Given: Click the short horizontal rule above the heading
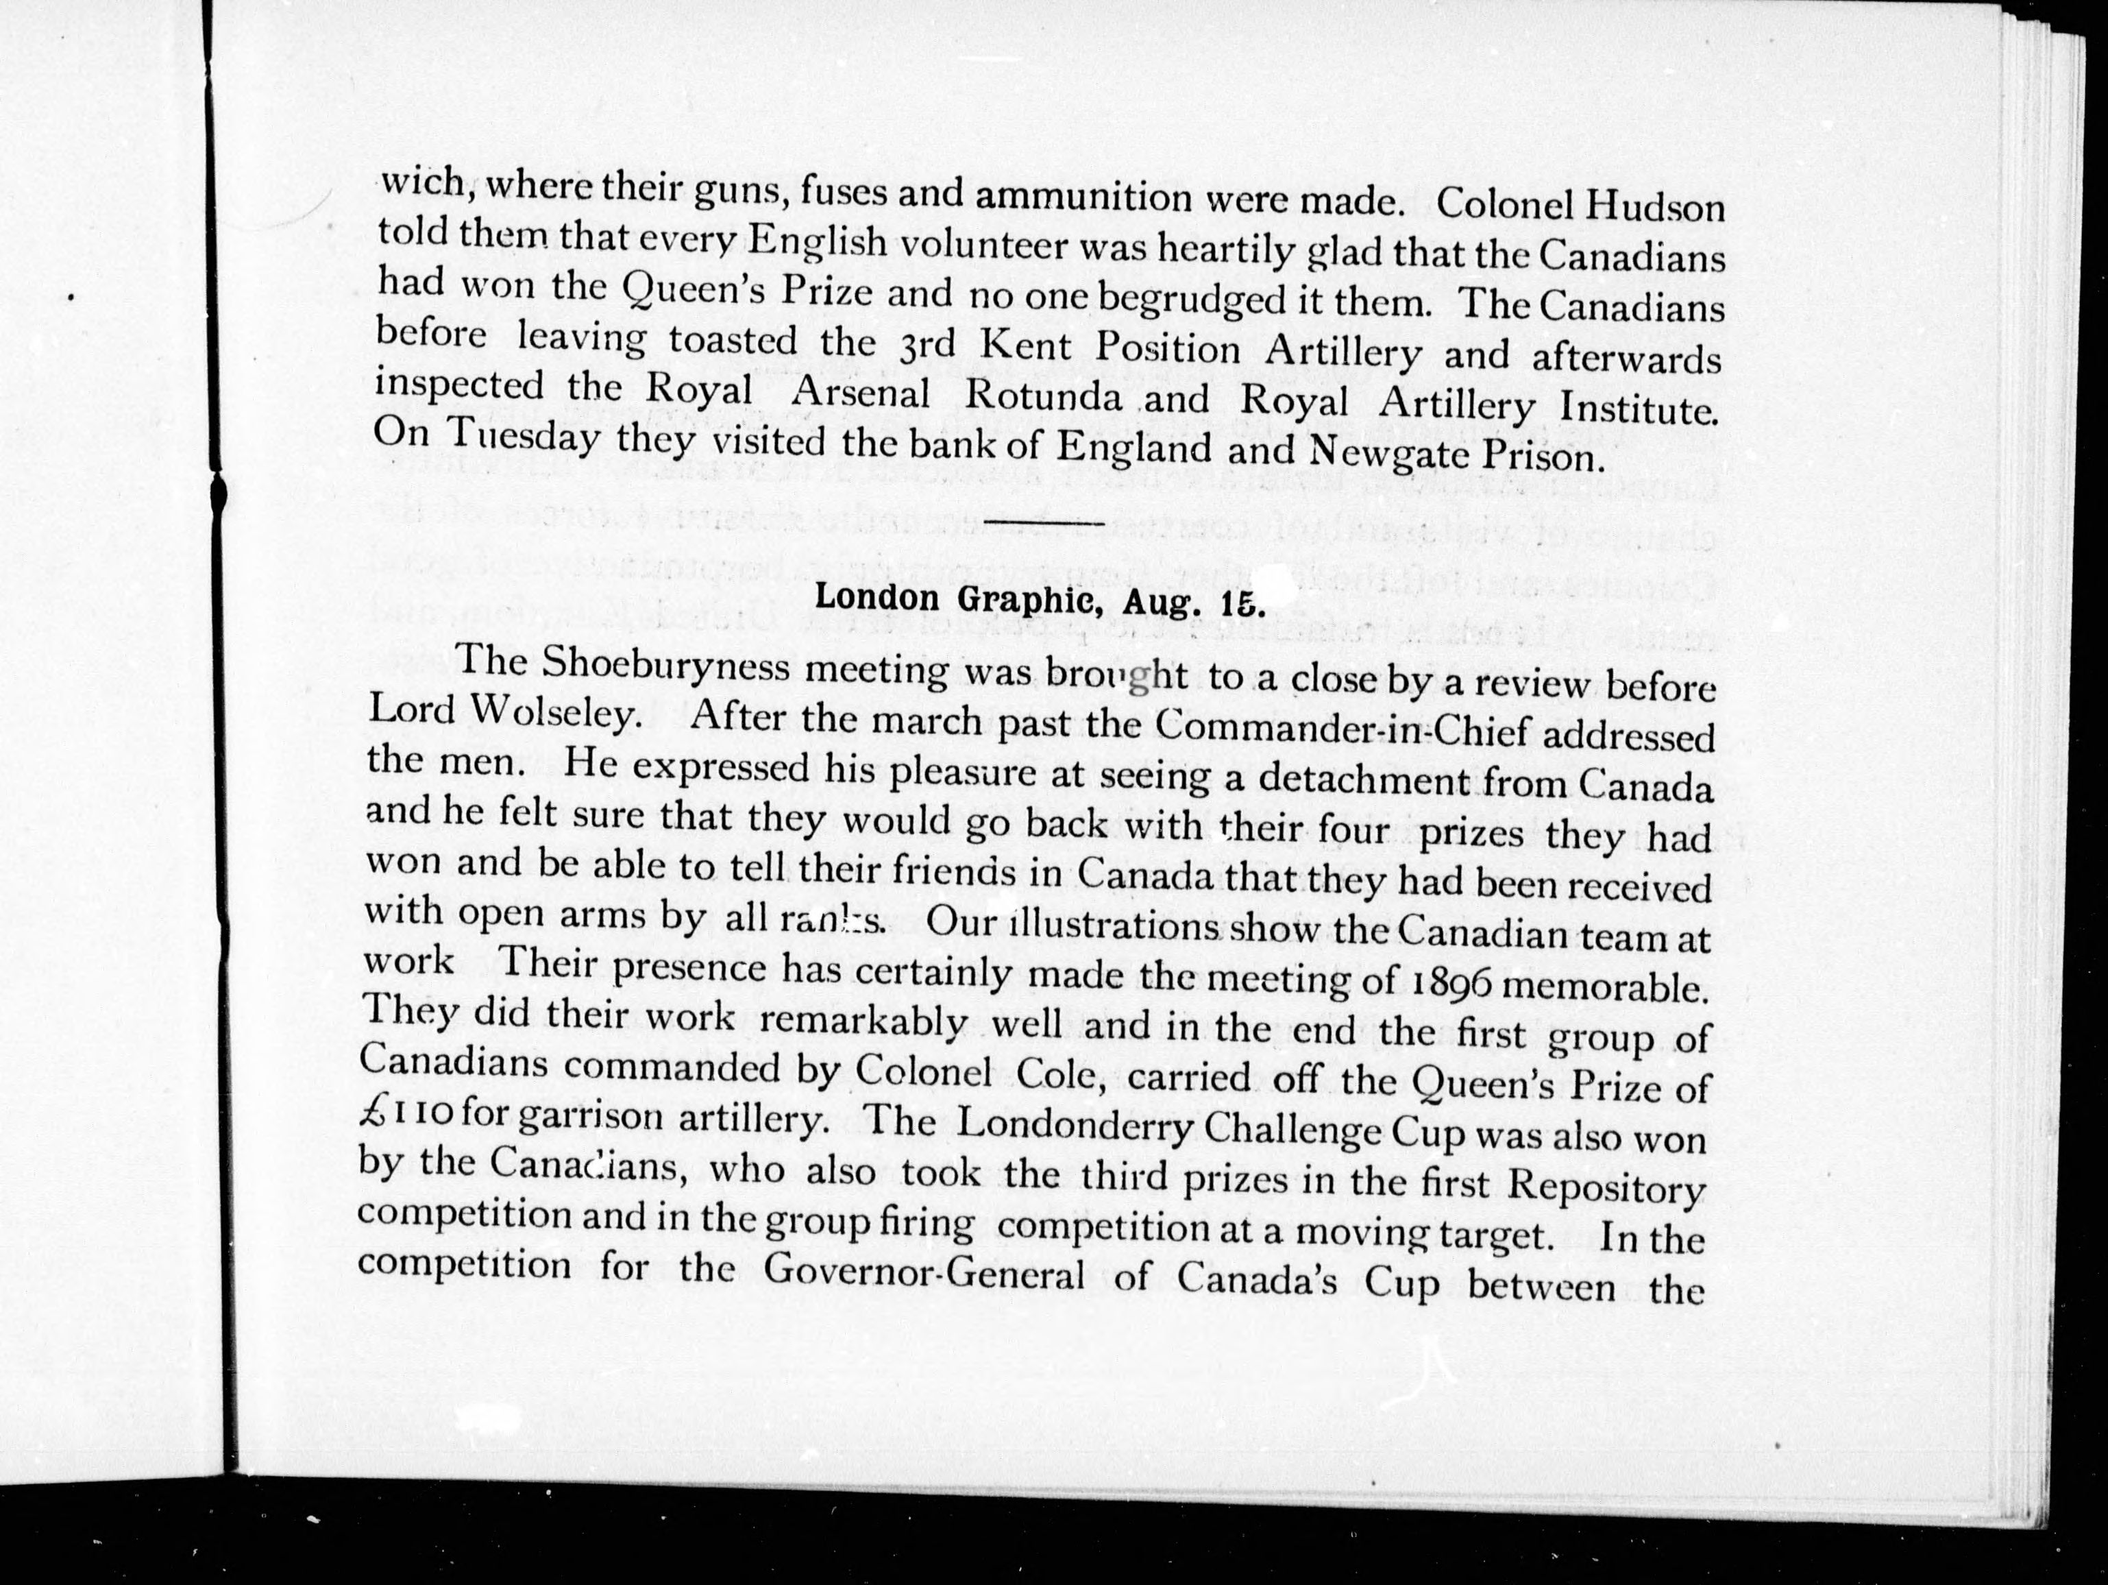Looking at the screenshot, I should pos(1044,523).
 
